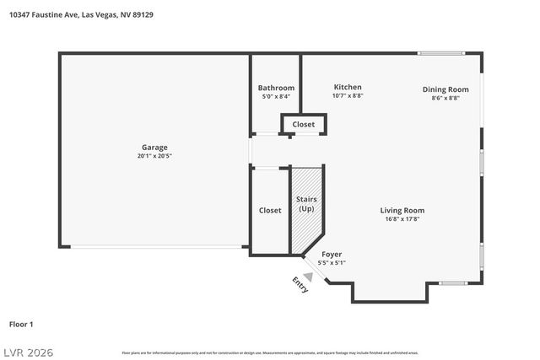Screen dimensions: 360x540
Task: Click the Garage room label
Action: (x=154, y=147)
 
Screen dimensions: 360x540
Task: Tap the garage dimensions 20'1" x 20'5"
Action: (x=154, y=156)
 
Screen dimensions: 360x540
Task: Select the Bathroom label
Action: (x=276, y=88)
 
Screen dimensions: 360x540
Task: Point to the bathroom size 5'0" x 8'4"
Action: (x=276, y=97)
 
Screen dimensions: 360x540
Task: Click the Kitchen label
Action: (x=348, y=87)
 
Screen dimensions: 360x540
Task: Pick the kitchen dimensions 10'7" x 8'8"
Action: (x=348, y=96)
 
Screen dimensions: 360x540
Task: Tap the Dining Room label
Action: (x=445, y=89)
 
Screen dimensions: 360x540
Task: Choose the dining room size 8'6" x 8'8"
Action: (x=445, y=99)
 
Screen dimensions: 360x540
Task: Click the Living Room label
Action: (x=402, y=210)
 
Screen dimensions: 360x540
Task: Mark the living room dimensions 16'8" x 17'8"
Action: (x=402, y=219)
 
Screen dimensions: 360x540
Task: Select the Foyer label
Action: (x=332, y=254)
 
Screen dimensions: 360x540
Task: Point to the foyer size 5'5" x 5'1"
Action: (x=332, y=263)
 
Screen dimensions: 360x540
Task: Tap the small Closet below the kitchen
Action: (x=304, y=125)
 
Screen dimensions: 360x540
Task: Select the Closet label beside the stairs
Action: (x=270, y=210)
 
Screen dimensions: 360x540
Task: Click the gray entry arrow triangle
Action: (x=309, y=276)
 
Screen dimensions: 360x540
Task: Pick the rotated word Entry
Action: (x=300, y=285)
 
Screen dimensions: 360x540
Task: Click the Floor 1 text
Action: (x=21, y=324)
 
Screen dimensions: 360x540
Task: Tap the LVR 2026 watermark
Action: (x=27, y=351)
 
